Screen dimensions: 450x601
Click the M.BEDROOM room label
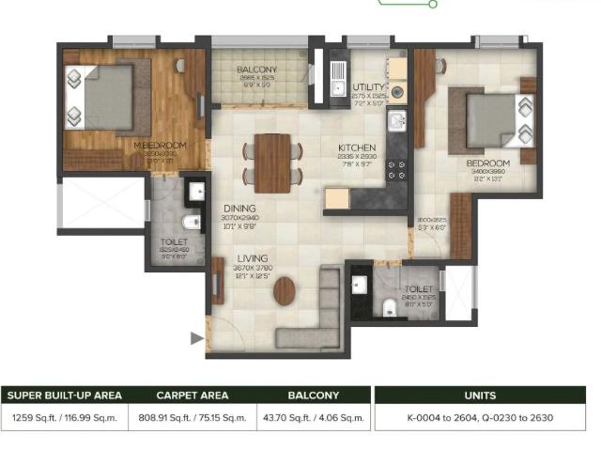(160, 146)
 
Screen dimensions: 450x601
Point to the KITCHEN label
(357, 147)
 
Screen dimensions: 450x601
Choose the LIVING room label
(252, 258)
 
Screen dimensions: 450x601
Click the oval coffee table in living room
(284, 293)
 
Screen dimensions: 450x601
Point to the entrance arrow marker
(197, 337)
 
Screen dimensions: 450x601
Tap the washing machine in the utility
(397, 93)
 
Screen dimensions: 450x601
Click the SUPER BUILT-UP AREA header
(63, 396)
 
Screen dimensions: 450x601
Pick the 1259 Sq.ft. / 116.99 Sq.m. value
(63, 418)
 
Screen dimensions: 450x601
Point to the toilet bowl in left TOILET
(191, 223)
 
